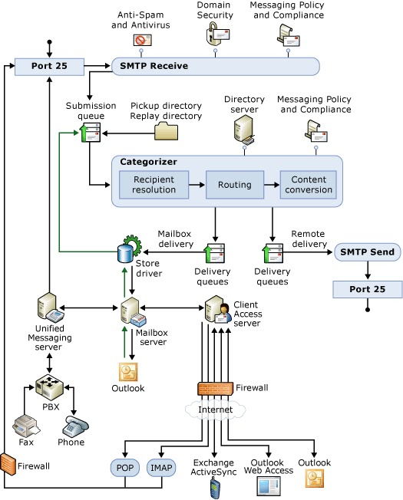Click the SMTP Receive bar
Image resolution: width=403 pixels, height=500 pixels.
click(215, 66)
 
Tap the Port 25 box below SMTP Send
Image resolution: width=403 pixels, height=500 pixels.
click(366, 289)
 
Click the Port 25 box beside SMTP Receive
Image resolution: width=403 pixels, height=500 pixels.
click(49, 66)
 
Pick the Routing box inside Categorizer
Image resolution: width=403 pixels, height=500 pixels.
click(233, 185)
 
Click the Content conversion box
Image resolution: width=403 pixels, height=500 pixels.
click(307, 185)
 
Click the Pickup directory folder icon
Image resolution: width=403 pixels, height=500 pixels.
click(166, 131)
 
